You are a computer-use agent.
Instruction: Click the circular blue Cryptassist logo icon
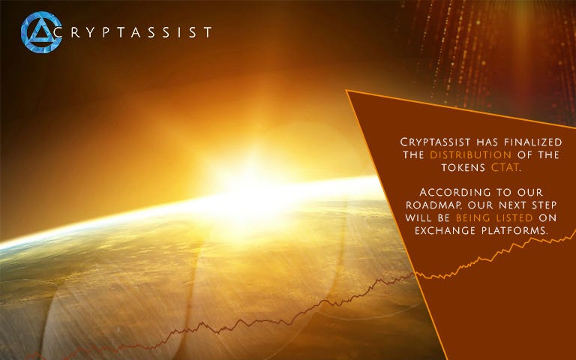tap(41, 32)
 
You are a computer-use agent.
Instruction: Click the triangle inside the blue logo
tap(40, 31)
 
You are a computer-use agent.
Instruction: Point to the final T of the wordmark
tap(207, 32)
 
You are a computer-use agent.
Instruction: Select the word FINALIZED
tap(533, 142)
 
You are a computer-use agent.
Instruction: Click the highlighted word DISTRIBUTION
tap(470, 154)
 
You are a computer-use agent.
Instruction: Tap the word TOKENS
tap(463, 167)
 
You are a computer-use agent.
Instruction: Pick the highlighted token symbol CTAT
tap(505, 167)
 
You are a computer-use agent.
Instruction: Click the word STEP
tap(544, 205)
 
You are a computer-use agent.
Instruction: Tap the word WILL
tap(418, 217)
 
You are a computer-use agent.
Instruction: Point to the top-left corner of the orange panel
tap(346, 90)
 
